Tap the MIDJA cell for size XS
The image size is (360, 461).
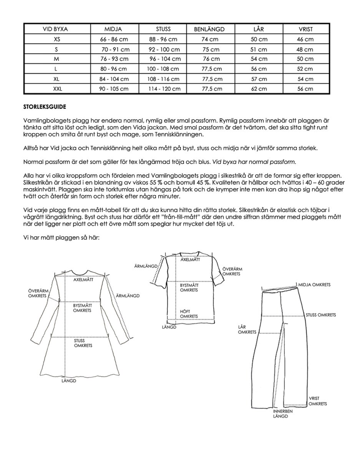tap(114, 39)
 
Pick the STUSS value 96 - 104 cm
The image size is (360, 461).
tap(165, 59)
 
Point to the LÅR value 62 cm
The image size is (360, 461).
tap(259, 89)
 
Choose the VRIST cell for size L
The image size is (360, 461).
tap(305, 69)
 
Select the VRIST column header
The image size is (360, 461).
tap(305, 29)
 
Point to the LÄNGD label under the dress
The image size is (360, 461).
tap(69, 381)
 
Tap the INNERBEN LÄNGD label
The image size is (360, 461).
tap(283, 413)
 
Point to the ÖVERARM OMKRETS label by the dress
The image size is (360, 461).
tap(37, 294)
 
